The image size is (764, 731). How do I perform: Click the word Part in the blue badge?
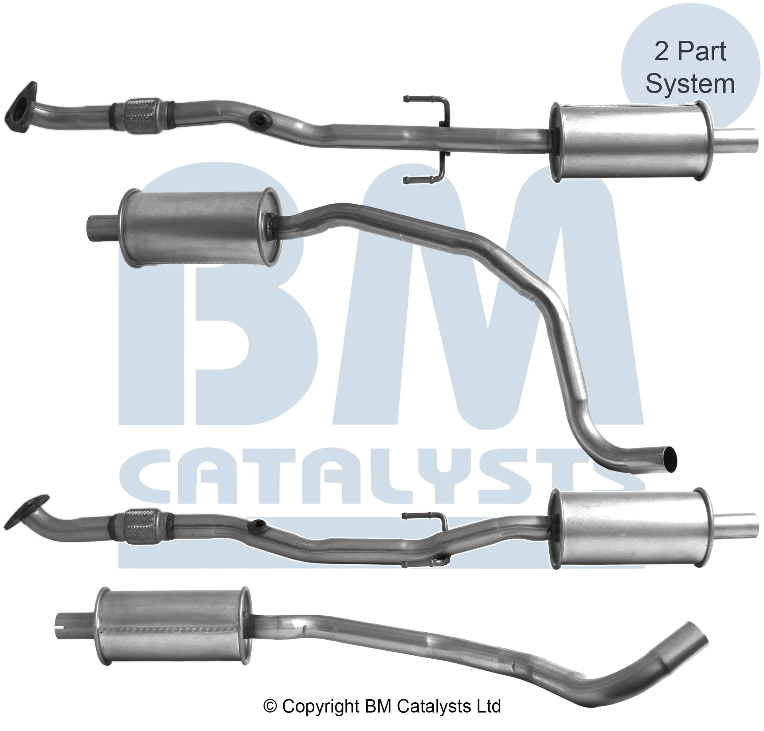pyautogui.click(x=701, y=51)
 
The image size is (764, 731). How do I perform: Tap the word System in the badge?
pyautogui.click(x=690, y=84)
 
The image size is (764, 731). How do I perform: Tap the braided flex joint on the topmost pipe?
pyautogui.click(x=143, y=116)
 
